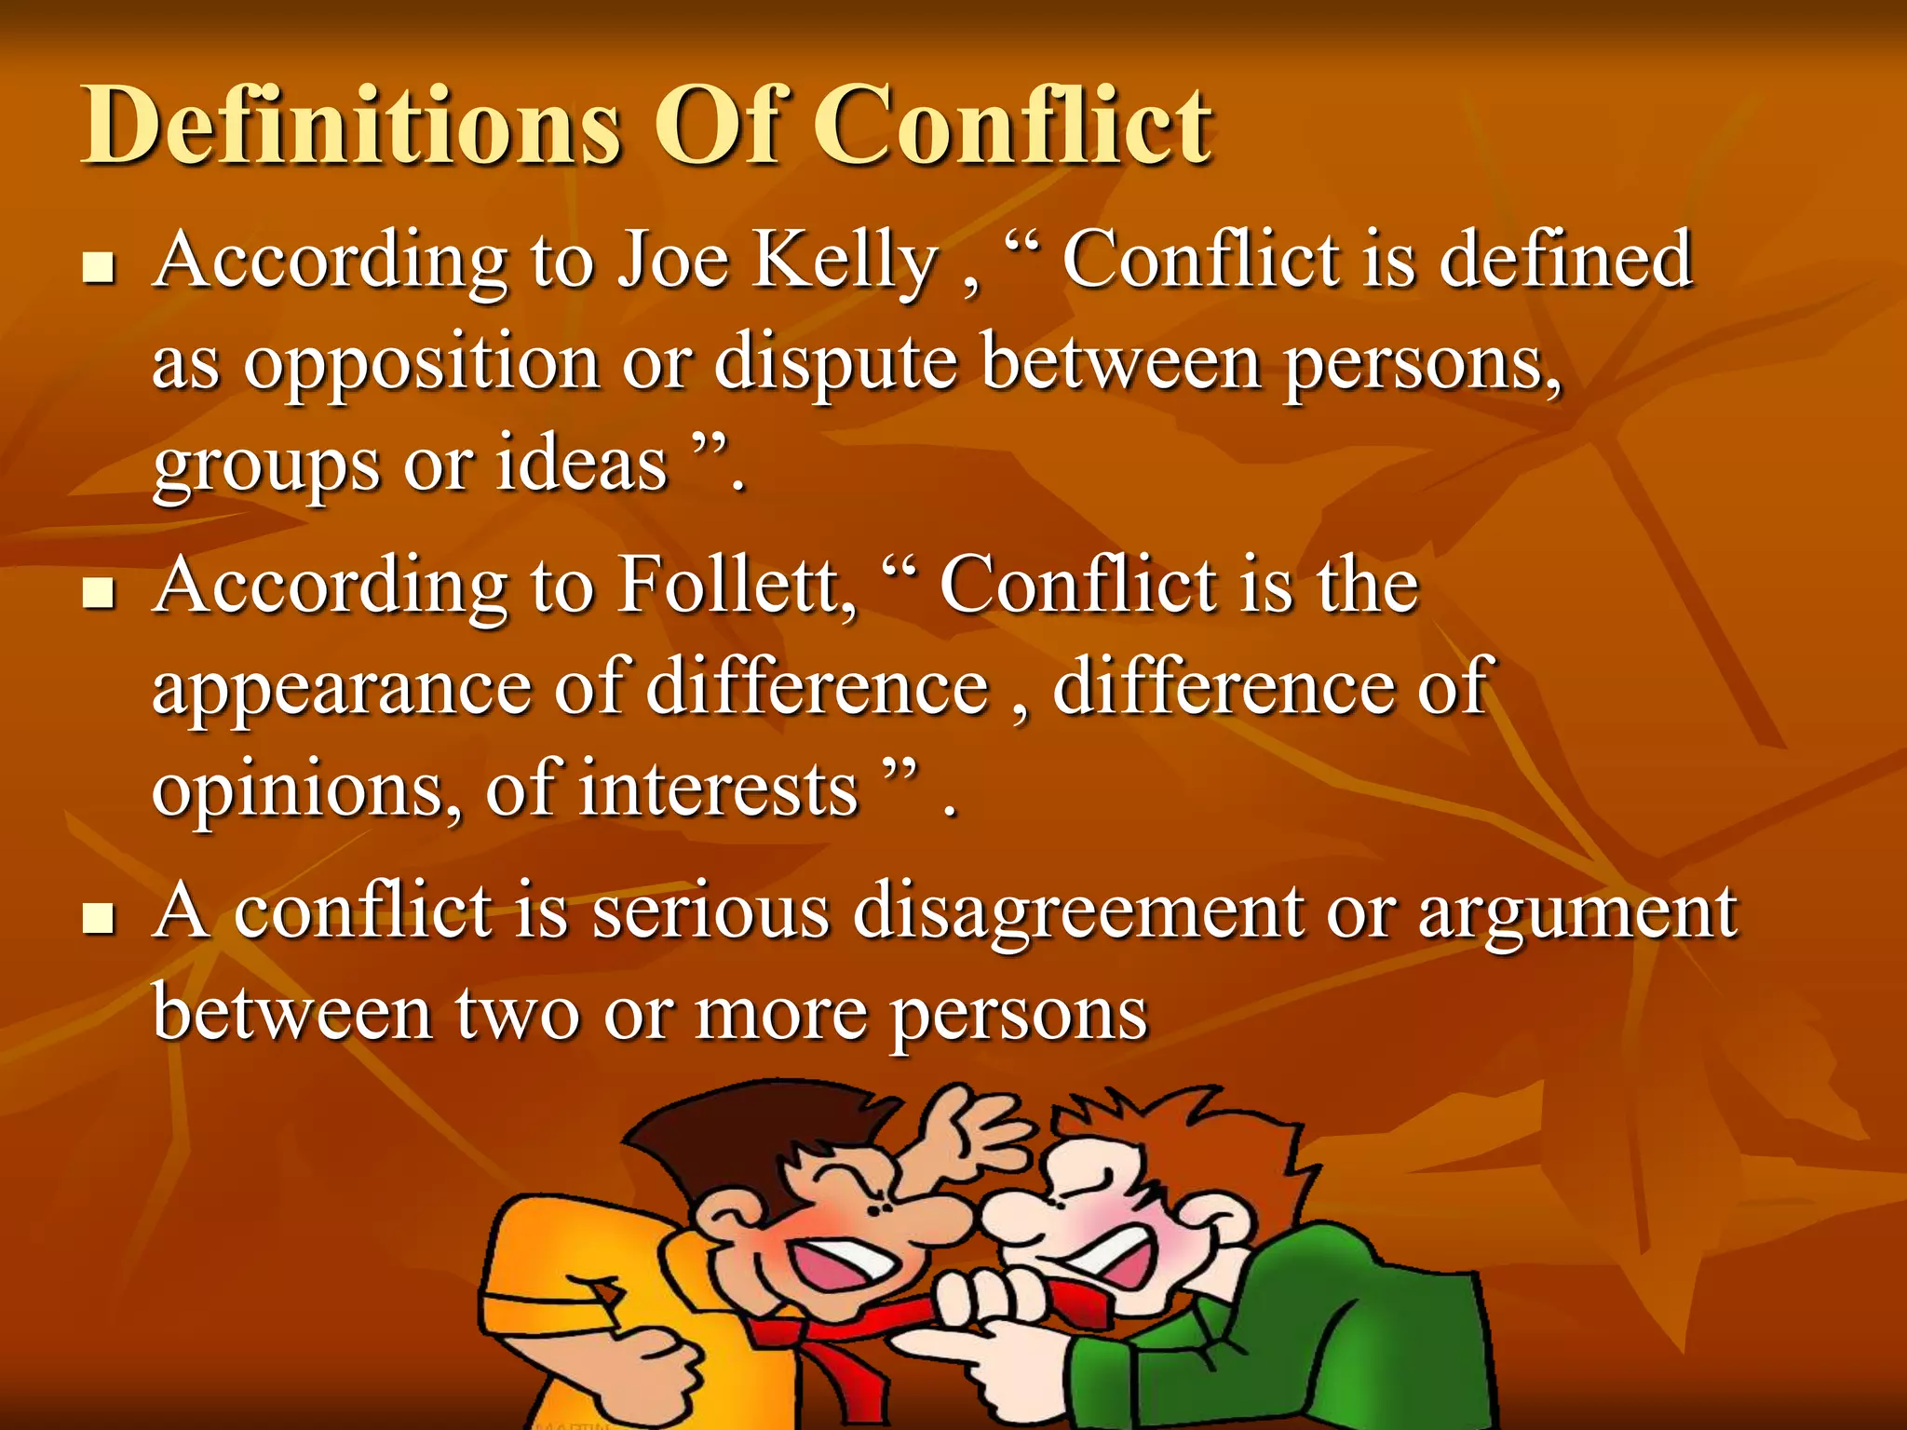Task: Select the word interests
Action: tap(718, 790)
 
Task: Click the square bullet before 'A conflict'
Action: tap(98, 920)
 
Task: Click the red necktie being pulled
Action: tap(819, 1341)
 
